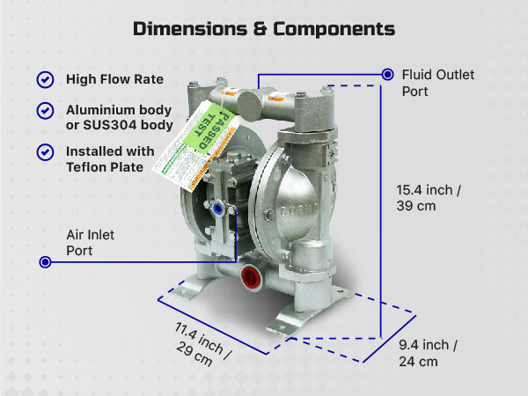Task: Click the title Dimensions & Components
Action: coord(264,28)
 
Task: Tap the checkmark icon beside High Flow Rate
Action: coord(45,80)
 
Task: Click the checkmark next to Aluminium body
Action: coord(45,111)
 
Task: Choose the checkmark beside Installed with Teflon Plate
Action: coord(45,151)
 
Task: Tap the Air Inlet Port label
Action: coord(91,243)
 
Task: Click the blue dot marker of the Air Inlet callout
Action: coord(45,261)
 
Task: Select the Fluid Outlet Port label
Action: coord(437,83)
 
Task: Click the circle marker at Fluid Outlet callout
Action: coord(387,74)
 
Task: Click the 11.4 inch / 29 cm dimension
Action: coord(202,343)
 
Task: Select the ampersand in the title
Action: coord(259,28)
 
